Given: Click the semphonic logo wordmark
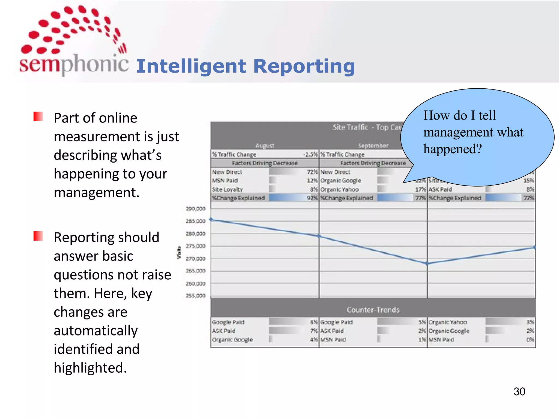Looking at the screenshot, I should tap(74, 63).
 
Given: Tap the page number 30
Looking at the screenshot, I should tap(519, 391).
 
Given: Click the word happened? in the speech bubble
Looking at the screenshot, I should tap(453, 149).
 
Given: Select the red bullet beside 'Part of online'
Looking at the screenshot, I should tap(38, 116).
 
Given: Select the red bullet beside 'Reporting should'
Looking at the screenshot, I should tap(38, 236).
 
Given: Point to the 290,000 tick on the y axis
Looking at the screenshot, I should tap(195, 209).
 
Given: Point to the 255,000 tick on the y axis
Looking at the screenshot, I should tap(195, 296).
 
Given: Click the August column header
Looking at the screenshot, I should tap(265, 146).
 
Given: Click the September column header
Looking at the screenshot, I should tap(373, 146).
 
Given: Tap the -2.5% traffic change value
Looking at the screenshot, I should tap(311, 154).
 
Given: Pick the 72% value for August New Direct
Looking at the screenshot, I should tap(312, 172).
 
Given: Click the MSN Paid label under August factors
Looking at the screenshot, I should tap(225, 181).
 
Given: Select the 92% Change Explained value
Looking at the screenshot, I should tap(312, 198).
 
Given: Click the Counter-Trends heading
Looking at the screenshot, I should tap(373, 310).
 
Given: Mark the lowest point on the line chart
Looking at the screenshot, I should tap(427, 264).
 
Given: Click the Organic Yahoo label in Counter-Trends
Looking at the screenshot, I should tap(448, 322).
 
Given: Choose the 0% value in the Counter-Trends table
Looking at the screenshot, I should tap(530, 340).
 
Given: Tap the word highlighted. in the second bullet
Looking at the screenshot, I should tap(90, 368).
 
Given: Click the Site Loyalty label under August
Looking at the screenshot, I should tap(227, 189).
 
